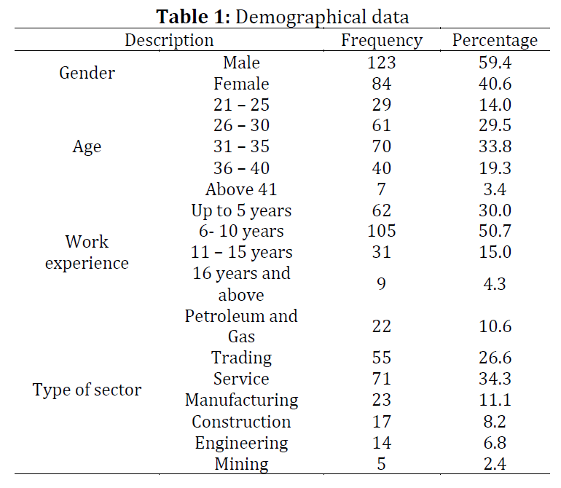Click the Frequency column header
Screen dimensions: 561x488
pyautogui.click(x=382, y=41)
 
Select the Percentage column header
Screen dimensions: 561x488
pyautogui.click(x=495, y=41)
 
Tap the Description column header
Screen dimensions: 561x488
pyautogui.click(x=169, y=41)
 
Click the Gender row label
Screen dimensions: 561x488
pyautogui.click(x=87, y=74)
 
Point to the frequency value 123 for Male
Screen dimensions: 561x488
pyautogui.click(x=381, y=63)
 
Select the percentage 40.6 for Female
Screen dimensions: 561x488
pyautogui.click(x=495, y=84)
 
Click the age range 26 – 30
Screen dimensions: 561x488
pyautogui.click(x=241, y=125)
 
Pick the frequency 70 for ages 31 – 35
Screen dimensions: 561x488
pyautogui.click(x=381, y=146)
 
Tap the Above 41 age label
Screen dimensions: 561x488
pyautogui.click(x=241, y=189)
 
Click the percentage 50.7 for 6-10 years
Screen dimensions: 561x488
pyautogui.click(x=495, y=231)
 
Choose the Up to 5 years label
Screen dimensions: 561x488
pyautogui.click(x=241, y=211)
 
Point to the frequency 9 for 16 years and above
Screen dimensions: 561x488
pyautogui.click(x=381, y=284)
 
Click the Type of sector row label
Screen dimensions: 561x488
pyautogui.click(x=87, y=390)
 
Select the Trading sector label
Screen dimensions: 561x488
pyautogui.click(x=241, y=358)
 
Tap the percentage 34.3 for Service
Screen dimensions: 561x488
pyautogui.click(x=495, y=379)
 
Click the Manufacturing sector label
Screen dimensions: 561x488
pyautogui.click(x=241, y=401)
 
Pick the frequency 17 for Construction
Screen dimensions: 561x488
pyautogui.click(x=381, y=422)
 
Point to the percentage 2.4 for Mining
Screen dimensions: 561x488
pyautogui.click(x=495, y=464)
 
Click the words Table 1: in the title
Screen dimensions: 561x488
pyautogui.click(x=193, y=17)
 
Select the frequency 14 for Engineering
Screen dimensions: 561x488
pyautogui.click(x=381, y=443)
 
